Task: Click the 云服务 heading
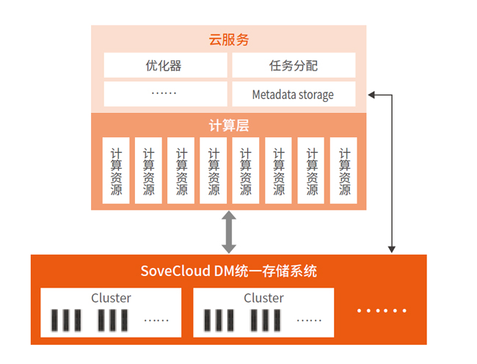pos(228,40)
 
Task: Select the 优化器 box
pos(164,65)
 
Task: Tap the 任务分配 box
pos(293,65)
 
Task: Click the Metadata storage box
pos(293,95)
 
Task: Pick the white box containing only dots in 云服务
pos(164,95)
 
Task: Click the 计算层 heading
pos(228,125)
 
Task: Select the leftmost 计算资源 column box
pos(116,170)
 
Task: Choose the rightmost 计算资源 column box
pos(344,170)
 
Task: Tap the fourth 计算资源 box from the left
pos(214,170)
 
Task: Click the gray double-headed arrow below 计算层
pos(229,232)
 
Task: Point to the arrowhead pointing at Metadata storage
pos(371,95)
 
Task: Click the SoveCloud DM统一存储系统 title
pos(228,271)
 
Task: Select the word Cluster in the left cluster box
pos(111,298)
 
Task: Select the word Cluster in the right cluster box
pos(263,298)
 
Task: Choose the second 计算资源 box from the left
pos(148,170)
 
